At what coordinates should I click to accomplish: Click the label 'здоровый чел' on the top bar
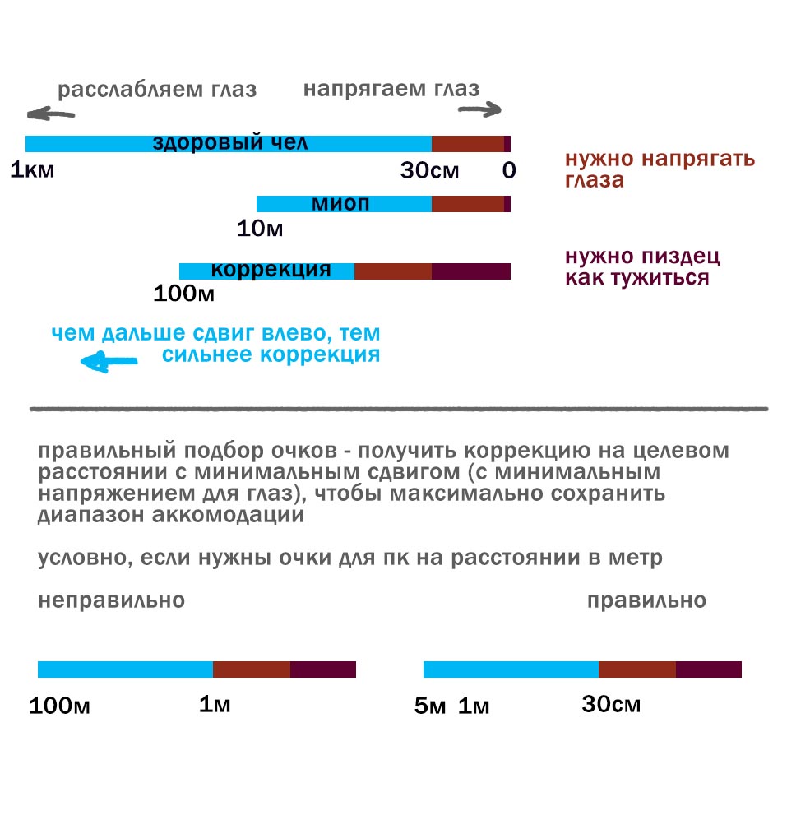[x=230, y=142]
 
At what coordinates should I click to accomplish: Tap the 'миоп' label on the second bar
[x=340, y=203]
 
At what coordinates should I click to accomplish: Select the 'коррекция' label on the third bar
[x=271, y=270]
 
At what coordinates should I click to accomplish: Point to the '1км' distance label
[x=32, y=171]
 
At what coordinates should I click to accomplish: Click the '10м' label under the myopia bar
[x=260, y=229]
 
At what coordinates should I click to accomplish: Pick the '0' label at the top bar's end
[x=508, y=171]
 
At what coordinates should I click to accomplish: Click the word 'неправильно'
[x=111, y=600]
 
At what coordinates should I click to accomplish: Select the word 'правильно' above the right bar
[x=646, y=600]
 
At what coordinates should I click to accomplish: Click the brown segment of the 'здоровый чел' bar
[x=467, y=144]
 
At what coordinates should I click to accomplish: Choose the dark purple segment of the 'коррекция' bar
[x=470, y=271]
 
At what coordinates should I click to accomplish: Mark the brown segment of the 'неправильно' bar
[x=251, y=669]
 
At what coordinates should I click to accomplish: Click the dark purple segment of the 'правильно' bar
[x=708, y=669]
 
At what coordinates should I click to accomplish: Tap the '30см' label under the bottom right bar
[x=611, y=705]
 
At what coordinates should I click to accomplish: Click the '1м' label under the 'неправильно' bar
[x=215, y=705]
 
